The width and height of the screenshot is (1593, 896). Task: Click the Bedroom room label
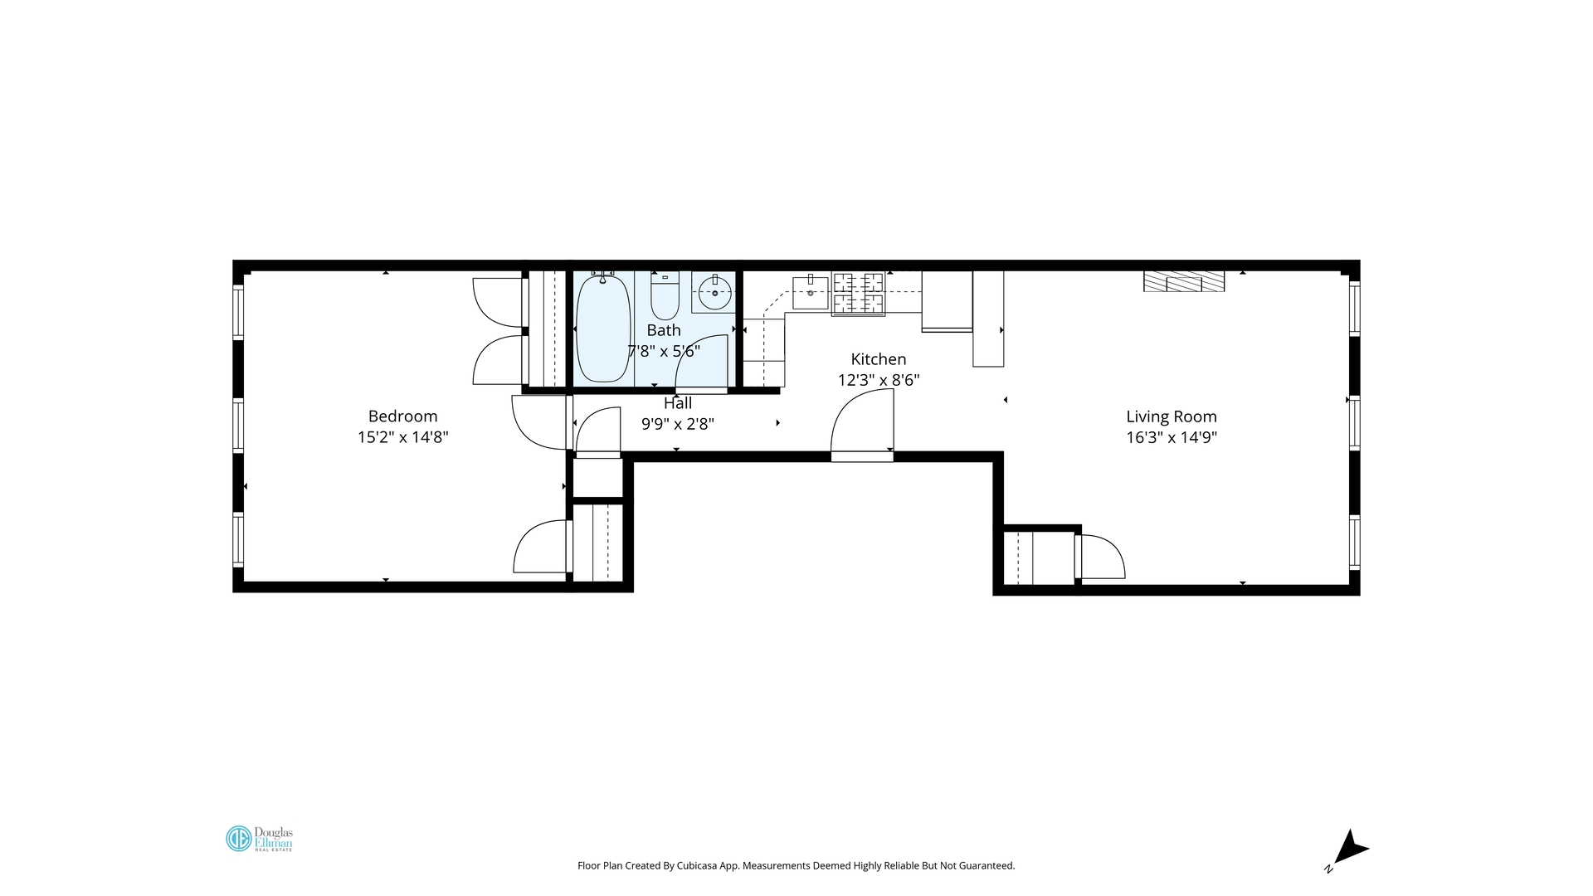[x=402, y=416]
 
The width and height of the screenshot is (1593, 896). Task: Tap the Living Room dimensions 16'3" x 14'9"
[x=1171, y=438]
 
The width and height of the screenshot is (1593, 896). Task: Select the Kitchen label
[x=878, y=359]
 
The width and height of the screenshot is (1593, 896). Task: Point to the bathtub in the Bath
[x=602, y=329]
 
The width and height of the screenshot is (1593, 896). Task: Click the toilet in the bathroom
[x=665, y=297]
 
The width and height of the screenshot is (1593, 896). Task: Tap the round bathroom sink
[x=714, y=292]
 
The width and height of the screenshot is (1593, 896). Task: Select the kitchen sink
[x=810, y=293]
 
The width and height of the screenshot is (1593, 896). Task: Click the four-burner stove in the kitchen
[x=858, y=294]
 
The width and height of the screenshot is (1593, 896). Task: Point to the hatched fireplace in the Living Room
[x=1184, y=281]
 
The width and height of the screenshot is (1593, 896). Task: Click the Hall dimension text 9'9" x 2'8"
[x=677, y=424]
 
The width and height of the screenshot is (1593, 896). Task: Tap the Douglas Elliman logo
[x=259, y=839]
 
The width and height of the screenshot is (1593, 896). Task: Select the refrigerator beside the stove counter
[x=947, y=300]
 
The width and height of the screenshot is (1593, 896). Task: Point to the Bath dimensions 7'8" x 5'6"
[x=664, y=351]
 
